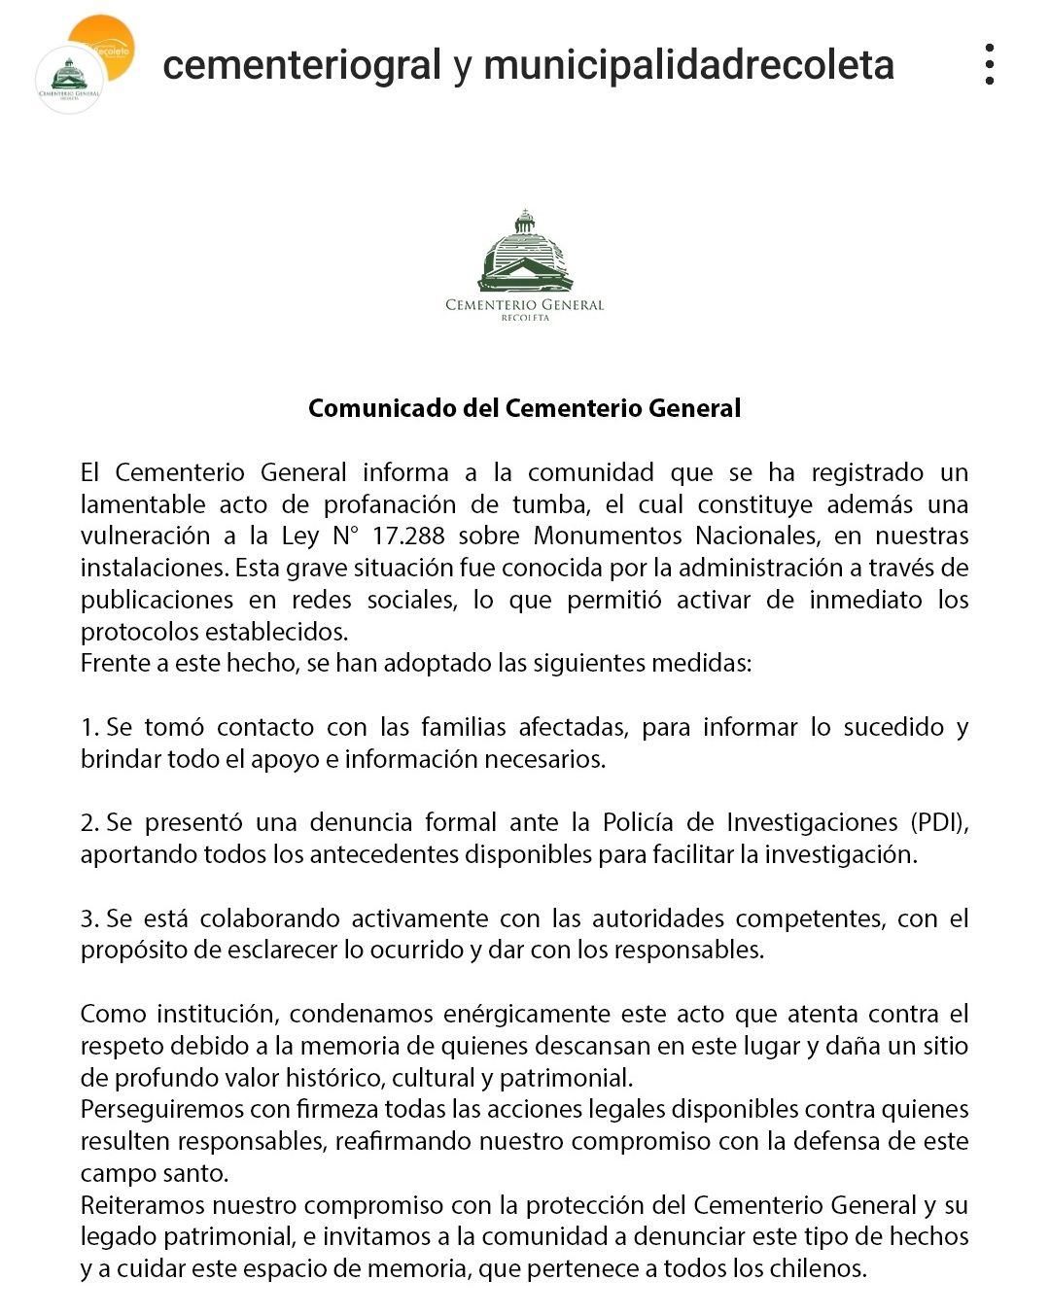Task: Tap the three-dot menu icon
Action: coord(989,64)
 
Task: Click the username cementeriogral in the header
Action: coord(301,65)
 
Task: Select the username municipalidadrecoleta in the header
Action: coord(688,65)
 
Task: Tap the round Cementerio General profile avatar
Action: coord(69,80)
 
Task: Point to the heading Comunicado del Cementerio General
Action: coord(524,408)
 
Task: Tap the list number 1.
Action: coord(88,727)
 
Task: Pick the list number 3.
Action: coord(88,918)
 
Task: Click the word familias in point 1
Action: coord(464,727)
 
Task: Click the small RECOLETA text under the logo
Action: coord(525,318)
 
